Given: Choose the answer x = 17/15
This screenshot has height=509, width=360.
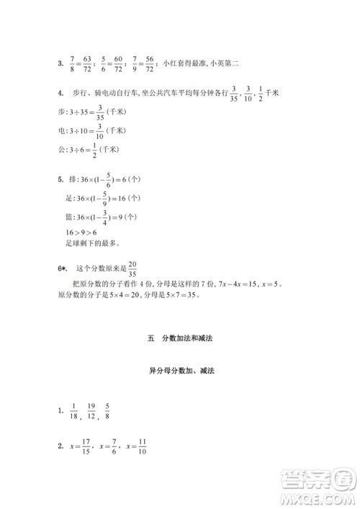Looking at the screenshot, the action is tap(80, 447).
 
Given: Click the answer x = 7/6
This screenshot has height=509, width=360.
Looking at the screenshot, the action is tap(109, 447).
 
